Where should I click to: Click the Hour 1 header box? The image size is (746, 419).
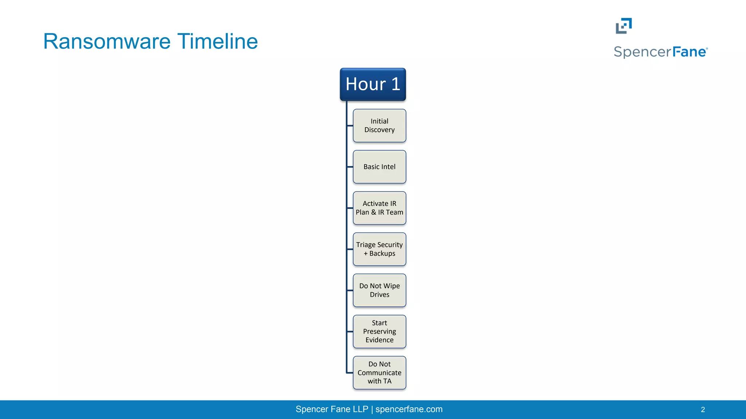[x=373, y=84]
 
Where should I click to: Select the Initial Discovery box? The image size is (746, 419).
[x=379, y=125]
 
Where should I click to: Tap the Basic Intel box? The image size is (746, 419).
[x=379, y=167]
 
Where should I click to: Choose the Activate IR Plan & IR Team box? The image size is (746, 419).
[x=379, y=208]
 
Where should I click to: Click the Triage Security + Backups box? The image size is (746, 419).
[x=379, y=249]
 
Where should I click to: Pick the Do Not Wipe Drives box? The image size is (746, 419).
[x=379, y=290]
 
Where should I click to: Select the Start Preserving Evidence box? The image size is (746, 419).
[x=379, y=331]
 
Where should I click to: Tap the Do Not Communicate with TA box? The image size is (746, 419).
[x=379, y=372]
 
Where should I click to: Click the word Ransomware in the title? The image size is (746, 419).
[x=107, y=41]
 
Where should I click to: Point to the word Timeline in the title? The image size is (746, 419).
[x=217, y=41]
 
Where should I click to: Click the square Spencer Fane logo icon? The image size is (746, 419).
[x=624, y=26]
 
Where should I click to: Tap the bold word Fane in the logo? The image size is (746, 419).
[x=689, y=52]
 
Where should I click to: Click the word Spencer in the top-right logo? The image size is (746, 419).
[x=642, y=52]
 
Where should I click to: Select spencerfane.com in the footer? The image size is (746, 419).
[x=409, y=409]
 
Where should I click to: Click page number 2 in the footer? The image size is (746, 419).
[x=703, y=410]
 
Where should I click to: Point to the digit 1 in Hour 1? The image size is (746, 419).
[x=396, y=84]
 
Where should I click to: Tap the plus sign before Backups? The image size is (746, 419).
[x=366, y=254]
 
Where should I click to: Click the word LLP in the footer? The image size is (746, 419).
[x=360, y=409]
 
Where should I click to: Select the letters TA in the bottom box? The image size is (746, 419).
[x=387, y=381]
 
